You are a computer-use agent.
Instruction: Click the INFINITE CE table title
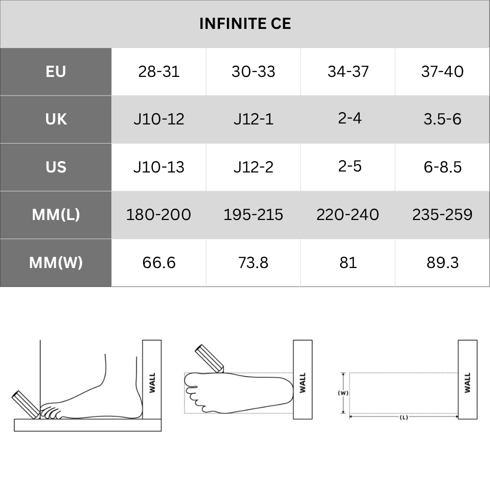tap(245, 24)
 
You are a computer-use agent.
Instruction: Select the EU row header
tap(56, 72)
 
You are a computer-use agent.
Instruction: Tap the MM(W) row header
tap(56, 263)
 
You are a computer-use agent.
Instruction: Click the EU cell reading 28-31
tap(159, 72)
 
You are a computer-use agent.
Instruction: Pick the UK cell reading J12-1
tap(253, 120)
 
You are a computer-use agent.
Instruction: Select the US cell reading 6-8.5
tap(442, 167)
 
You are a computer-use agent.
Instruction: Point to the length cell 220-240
tap(348, 215)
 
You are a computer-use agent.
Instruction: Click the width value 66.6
tap(159, 263)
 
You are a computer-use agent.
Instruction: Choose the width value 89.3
tap(442, 263)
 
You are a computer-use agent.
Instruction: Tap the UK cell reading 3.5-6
tap(442, 120)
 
